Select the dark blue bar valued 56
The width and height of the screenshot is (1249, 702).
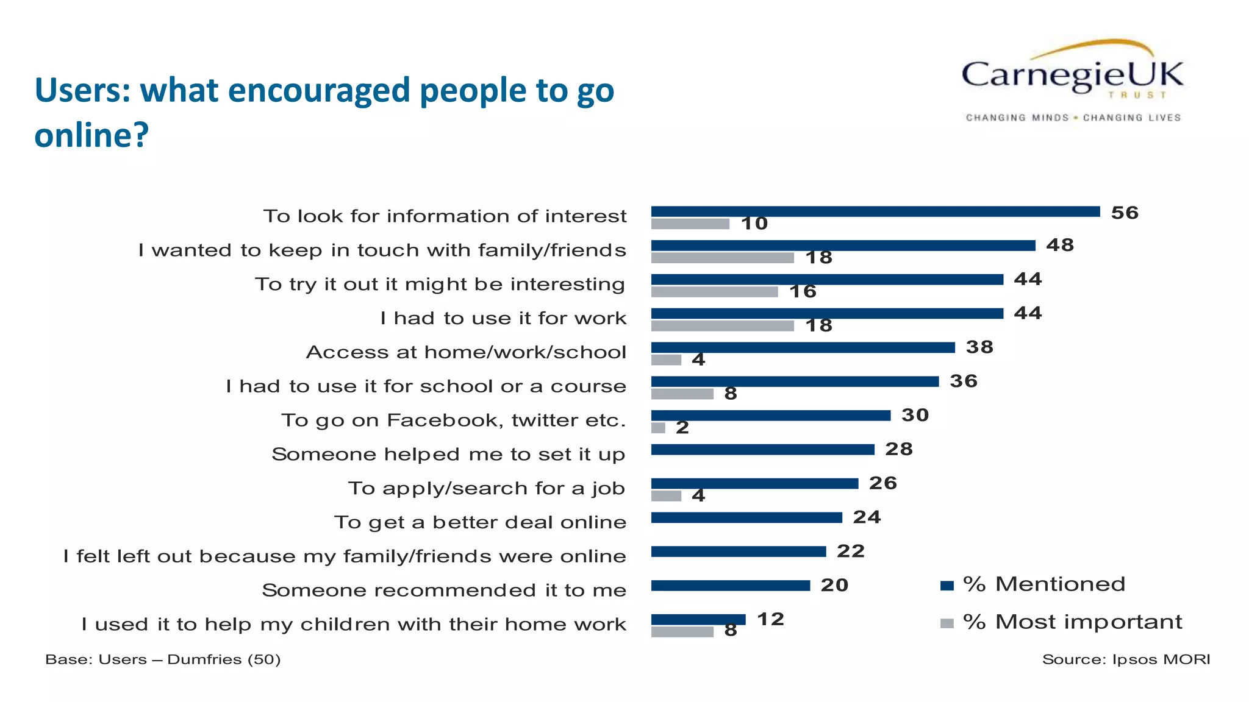875,211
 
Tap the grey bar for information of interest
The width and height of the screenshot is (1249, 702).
690,224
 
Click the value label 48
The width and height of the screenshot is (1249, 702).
1060,245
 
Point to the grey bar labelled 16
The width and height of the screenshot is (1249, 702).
714,292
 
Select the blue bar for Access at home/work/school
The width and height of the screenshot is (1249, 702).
803,347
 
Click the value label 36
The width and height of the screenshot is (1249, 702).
964,381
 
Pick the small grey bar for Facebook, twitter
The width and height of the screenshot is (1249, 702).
658,428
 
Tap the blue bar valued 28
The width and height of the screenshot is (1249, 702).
762,450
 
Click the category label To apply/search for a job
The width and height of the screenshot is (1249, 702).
487,488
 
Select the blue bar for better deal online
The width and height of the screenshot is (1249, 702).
746,517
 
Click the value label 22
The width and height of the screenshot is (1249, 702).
851,551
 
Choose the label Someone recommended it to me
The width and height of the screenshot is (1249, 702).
444,590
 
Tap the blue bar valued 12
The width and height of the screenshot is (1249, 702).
698,619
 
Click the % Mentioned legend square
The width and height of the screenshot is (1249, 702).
947,586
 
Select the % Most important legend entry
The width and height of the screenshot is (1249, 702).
1061,622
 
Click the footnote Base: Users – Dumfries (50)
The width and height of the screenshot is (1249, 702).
163,659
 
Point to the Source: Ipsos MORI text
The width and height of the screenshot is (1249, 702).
1126,659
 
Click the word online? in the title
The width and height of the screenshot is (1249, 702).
91,135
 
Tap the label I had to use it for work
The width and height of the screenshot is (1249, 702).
503,318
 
